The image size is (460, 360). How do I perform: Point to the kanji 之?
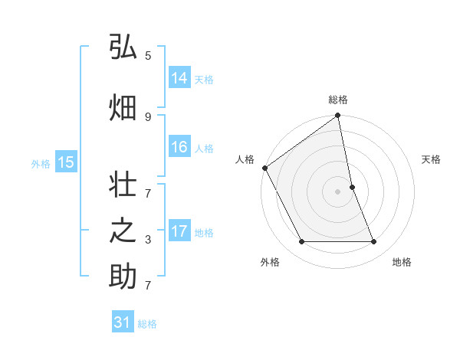123,232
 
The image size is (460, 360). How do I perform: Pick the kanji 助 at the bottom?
123,277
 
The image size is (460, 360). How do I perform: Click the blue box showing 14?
179,78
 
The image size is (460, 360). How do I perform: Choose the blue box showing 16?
179,148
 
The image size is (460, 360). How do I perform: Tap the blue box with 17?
179,231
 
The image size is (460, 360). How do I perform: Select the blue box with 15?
66,162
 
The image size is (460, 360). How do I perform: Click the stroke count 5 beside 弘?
148,56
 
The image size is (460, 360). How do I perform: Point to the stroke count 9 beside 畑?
148,116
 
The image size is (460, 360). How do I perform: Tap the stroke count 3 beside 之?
148,240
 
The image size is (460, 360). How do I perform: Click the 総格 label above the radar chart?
338,100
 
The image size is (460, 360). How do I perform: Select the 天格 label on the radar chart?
432,159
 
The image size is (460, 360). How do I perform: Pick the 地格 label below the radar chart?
402,262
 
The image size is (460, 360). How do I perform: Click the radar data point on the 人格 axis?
264,168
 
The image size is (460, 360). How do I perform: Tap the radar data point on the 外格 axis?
301,242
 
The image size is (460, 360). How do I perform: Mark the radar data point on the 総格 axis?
338,116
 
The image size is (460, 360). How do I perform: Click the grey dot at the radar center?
338,191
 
